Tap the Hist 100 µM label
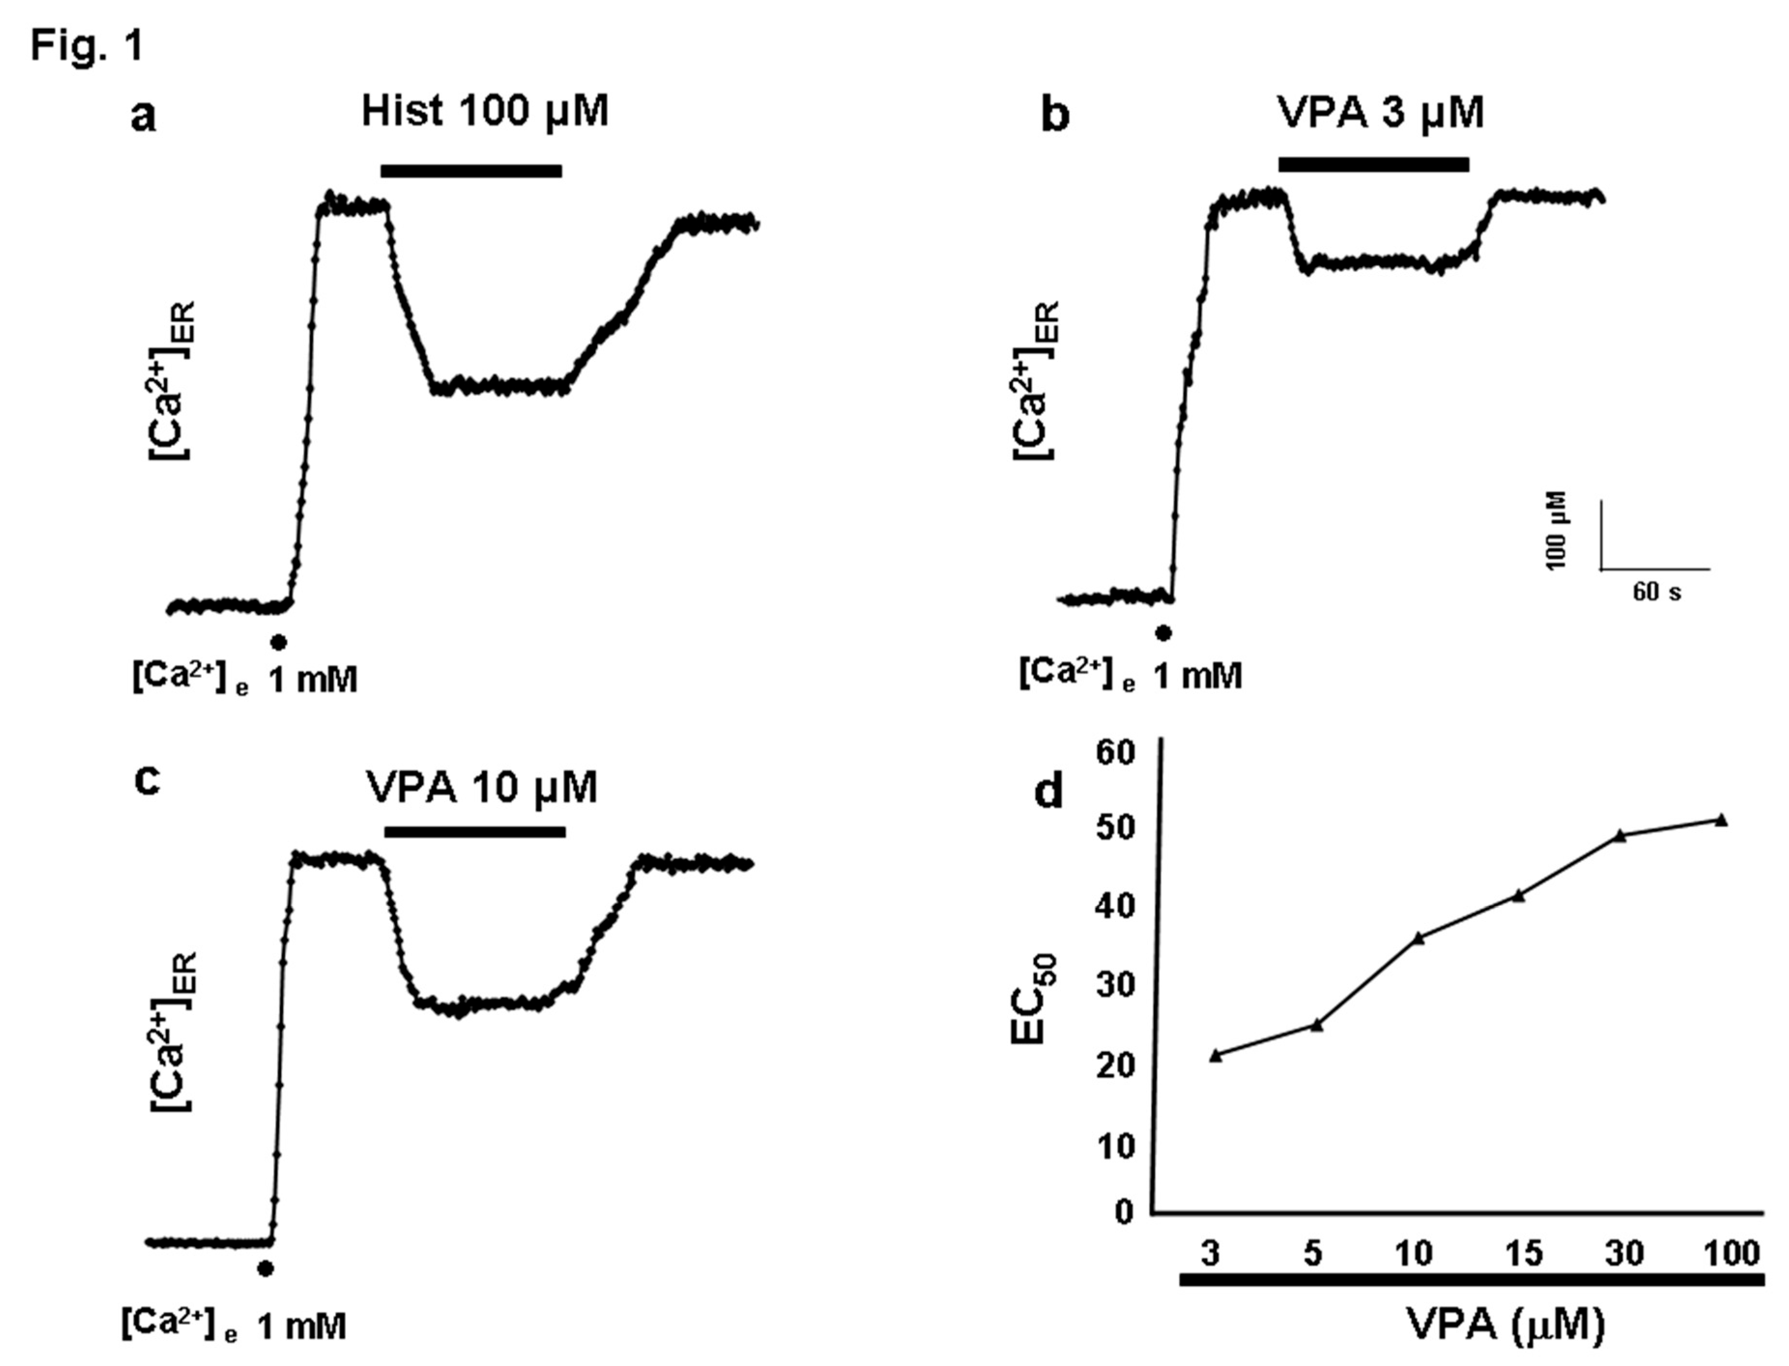click(x=485, y=112)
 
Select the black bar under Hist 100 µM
click(x=472, y=171)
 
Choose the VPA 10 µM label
click(x=482, y=787)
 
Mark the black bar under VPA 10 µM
click(x=475, y=832)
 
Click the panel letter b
click(x=1055, y=116)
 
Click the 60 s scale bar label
click(x=1657, y=592)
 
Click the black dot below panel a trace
click(x=279, y=642)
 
